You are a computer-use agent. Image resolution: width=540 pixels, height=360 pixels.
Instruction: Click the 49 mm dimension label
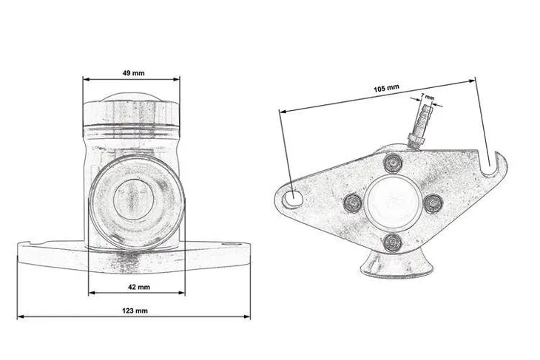coord(134,73)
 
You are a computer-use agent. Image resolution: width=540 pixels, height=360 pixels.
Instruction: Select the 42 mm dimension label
coord(139,287)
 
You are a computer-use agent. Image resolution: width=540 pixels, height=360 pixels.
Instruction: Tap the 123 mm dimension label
coord(135,310)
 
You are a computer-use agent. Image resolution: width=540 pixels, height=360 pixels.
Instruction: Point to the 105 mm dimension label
coord(386,89)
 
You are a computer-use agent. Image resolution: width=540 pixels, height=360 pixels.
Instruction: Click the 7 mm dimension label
coord(428,97)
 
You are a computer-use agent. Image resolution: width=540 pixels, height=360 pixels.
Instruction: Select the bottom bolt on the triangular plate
coord(392,242)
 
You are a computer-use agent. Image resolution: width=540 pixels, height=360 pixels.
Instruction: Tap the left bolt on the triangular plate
coord(353,203)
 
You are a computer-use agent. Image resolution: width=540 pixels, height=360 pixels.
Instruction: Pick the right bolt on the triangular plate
coord(433,203)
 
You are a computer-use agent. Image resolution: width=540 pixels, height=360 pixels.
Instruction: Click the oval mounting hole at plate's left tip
coord(292,199)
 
